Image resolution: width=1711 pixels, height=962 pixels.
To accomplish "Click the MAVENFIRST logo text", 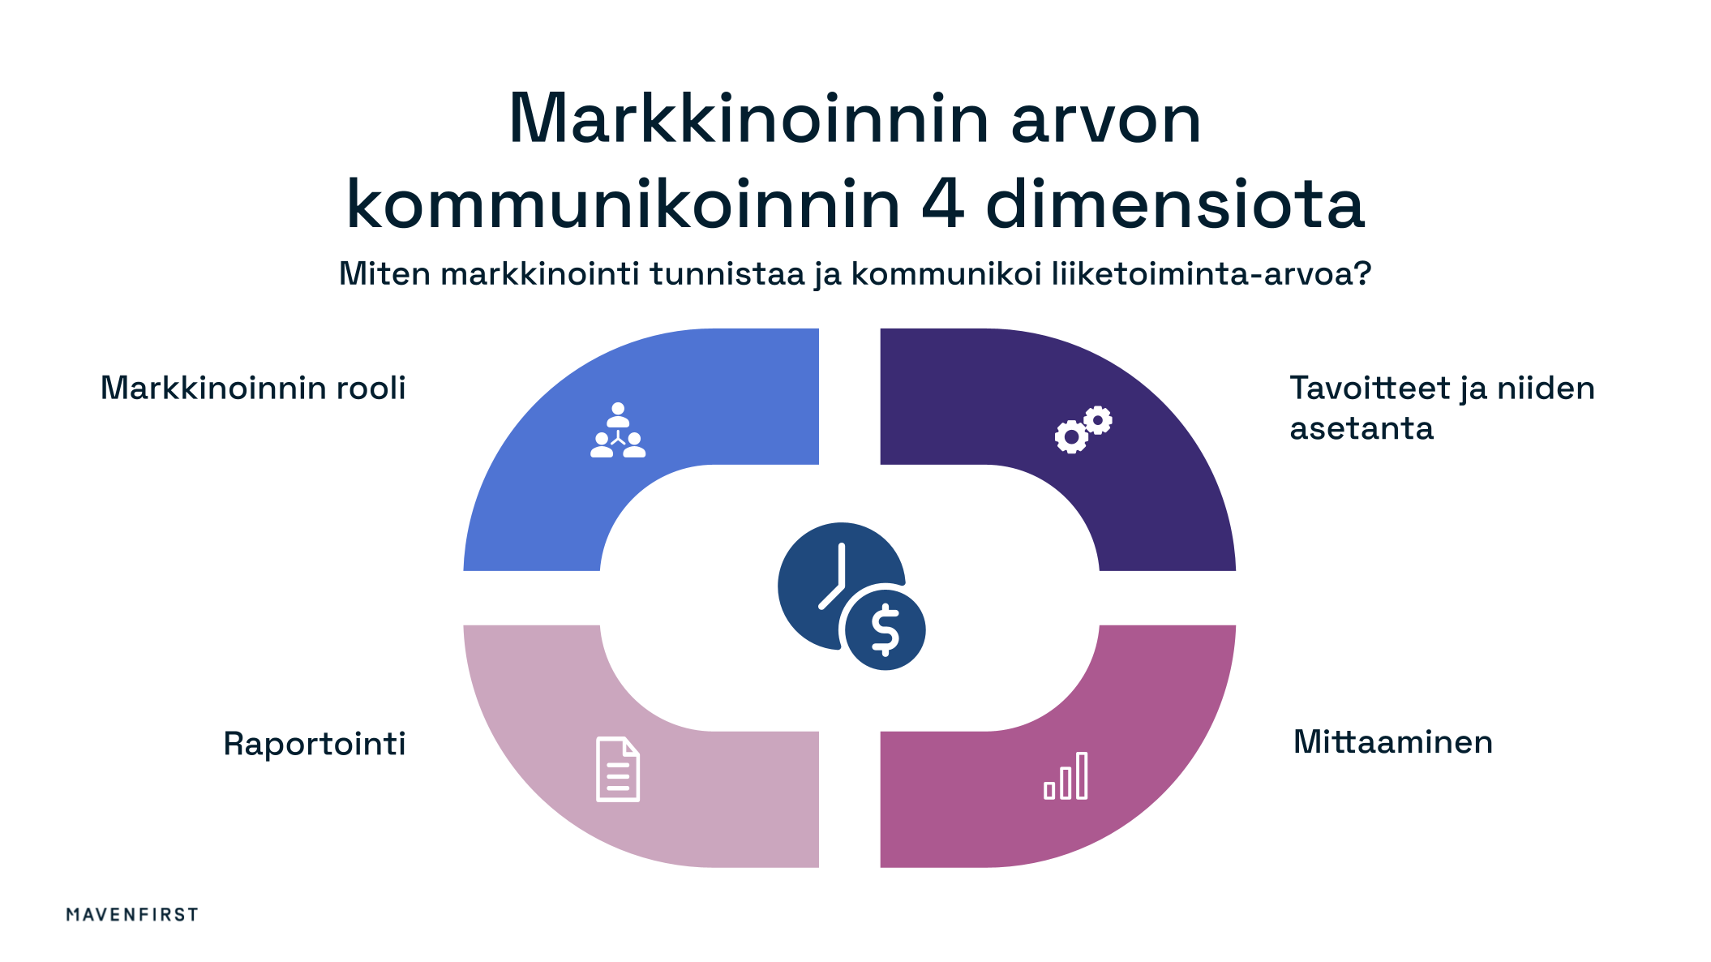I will tap(132, 914).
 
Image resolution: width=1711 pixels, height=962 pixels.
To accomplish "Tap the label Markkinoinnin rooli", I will tap(253, 389).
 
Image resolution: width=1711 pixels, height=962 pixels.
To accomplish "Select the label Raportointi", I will tap(315, 744).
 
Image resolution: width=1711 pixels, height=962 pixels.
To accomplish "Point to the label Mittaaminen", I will tap(1392, 742).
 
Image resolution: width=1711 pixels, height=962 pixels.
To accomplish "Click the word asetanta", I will tap(1362, 428).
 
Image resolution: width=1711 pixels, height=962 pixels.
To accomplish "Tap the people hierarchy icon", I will tap(618, 431).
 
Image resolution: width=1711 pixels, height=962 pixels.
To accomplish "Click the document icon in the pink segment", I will tap(618, 769).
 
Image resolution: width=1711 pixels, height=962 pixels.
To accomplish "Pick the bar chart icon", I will tap(1066, 776).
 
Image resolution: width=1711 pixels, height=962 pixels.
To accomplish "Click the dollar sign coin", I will tap(885, 629).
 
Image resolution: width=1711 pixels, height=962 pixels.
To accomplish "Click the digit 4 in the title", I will tap(942, 204).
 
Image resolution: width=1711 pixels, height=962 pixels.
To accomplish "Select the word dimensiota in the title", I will tap(1175, 204).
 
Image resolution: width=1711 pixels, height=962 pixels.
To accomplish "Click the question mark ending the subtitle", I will tap(1362, 273).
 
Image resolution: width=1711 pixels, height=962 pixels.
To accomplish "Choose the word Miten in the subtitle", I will tap(384, 274).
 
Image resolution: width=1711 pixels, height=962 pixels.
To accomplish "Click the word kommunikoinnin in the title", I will tap(623, 204).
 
